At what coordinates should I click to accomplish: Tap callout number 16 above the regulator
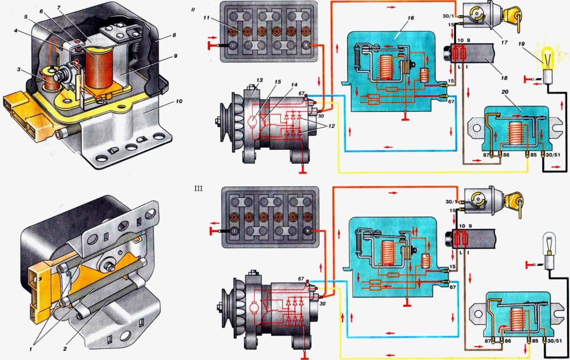tap(411, 18)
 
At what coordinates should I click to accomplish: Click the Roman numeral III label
tap(198, 188)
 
